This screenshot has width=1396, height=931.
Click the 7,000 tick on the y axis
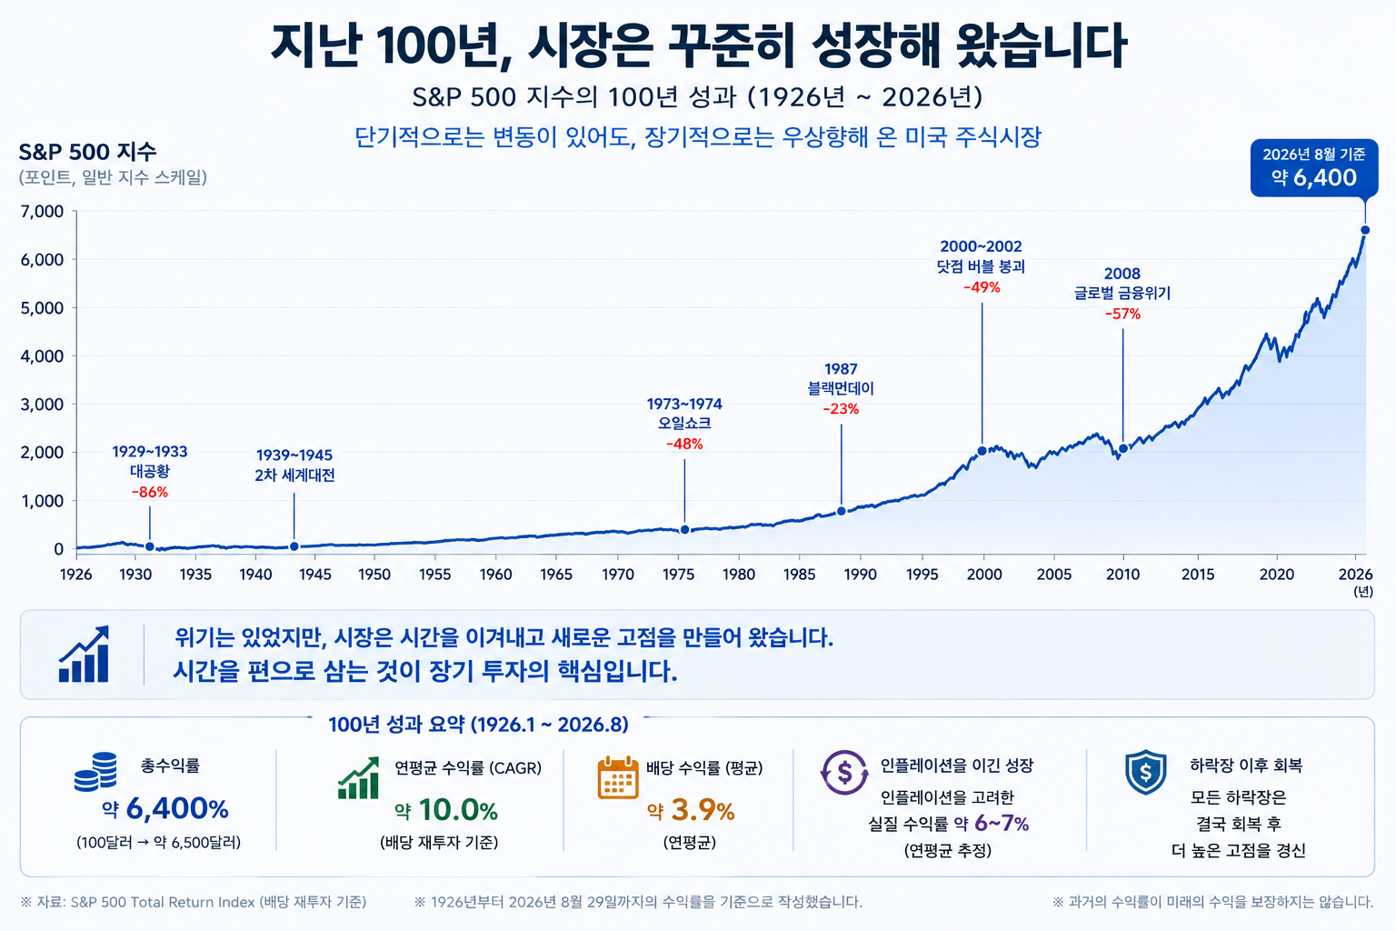[42, 212]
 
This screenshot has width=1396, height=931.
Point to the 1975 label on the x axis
[678, 575]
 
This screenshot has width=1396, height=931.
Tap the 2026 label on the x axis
[1355, 575]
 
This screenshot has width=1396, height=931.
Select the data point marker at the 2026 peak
[1365, 230]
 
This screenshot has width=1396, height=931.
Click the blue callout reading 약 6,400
[1313, 167]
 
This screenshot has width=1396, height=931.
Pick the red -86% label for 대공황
[150, 492]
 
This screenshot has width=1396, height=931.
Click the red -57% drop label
[1122, 315]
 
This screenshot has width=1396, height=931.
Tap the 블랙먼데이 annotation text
[841, 388]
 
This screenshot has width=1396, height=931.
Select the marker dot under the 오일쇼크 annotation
[685, 529]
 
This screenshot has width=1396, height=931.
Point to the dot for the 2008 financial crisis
[1123, 448]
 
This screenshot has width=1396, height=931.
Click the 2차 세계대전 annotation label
[294, 476]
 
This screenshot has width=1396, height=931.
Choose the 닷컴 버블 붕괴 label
[981, 267]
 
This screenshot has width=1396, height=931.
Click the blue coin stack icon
[95, 772]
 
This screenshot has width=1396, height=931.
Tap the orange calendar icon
[618, 777]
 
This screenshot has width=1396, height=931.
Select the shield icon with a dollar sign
[1145, 772]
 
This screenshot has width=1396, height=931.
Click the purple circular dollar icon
[844, 772]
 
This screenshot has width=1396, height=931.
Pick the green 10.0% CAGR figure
[457, 810]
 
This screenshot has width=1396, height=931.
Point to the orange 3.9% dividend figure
[703, 810]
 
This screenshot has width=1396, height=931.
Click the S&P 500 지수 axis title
[87, 152]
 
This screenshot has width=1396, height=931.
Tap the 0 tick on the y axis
[58, 549]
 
